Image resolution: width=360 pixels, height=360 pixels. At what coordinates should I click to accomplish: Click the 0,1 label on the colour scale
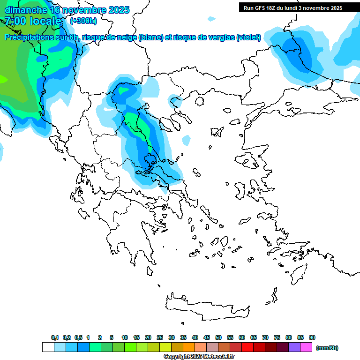point(55,337)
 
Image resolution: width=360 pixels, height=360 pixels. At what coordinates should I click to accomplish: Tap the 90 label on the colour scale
point(312,337)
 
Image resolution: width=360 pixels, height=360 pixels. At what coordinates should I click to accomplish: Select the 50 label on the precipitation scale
point(218,337)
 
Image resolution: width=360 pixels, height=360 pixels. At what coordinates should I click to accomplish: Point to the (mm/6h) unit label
point(327,348)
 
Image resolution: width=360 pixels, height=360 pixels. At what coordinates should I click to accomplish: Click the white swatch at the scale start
point(48,347)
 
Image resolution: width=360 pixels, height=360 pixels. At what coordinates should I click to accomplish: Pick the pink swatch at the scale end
point(306,347)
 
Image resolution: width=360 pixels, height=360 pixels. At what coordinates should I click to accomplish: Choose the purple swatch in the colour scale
point(294,347)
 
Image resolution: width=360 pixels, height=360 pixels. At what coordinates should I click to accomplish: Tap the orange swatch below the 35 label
point(188,347)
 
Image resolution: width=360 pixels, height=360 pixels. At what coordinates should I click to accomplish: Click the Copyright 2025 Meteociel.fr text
point(199,357)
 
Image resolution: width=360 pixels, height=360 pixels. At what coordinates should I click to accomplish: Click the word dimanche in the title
point(26,10)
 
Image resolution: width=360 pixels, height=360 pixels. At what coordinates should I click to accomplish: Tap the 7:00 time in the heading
point(15,21)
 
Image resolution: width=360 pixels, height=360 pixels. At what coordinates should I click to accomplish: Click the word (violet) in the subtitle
point(248,37)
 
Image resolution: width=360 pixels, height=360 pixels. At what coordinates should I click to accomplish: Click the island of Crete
point(206,307)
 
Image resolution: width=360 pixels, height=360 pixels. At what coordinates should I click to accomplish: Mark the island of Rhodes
point(298,272)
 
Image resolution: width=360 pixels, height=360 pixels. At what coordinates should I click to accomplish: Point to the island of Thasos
point(200,101)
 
